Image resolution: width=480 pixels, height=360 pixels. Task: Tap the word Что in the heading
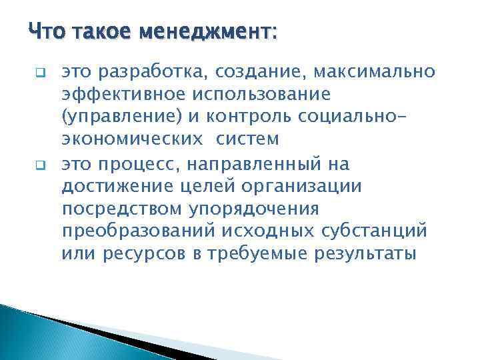point(47,31)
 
